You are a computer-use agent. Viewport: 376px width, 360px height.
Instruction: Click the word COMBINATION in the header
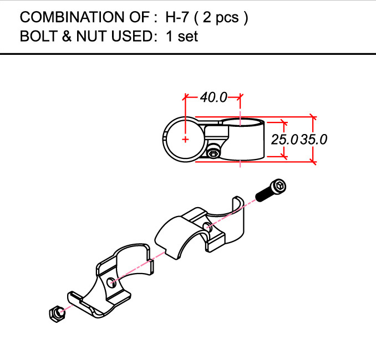73,17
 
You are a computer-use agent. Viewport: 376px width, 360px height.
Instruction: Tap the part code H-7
177,17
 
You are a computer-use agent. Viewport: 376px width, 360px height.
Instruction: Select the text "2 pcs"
221,18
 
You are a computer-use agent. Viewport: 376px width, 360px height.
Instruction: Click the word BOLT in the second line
39,36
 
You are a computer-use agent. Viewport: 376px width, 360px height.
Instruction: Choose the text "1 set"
182,37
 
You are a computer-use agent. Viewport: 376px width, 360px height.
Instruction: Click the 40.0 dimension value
214,97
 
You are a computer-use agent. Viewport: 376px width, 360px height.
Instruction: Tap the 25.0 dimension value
284,140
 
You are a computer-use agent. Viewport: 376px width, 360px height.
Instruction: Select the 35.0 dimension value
314,140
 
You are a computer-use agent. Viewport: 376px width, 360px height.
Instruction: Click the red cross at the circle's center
185,140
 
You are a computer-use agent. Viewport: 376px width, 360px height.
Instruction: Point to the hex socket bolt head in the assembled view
213,153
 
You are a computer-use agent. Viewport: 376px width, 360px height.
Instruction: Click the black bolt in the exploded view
271,191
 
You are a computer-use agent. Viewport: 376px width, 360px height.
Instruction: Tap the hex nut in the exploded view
57,314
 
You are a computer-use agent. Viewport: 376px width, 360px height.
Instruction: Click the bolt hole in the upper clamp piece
207,227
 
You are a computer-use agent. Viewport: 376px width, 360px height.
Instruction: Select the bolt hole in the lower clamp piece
112,283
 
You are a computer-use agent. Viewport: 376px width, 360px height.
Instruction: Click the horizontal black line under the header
188,54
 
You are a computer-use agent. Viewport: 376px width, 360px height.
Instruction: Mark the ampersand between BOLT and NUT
67,36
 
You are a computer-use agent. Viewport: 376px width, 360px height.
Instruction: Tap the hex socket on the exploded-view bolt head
280,186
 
